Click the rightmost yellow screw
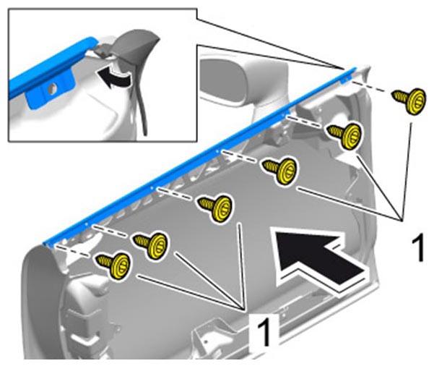tap(409, 101)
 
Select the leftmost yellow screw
tap(113, 265)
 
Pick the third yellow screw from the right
tap(280, 170)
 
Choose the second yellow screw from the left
tap(151, 246)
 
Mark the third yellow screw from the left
tap(214, 208)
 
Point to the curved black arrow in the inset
tap(113, 77)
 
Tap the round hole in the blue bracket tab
tap(51, 89)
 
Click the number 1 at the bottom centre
tap(264, 331)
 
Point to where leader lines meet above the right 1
tap(401, 219)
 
